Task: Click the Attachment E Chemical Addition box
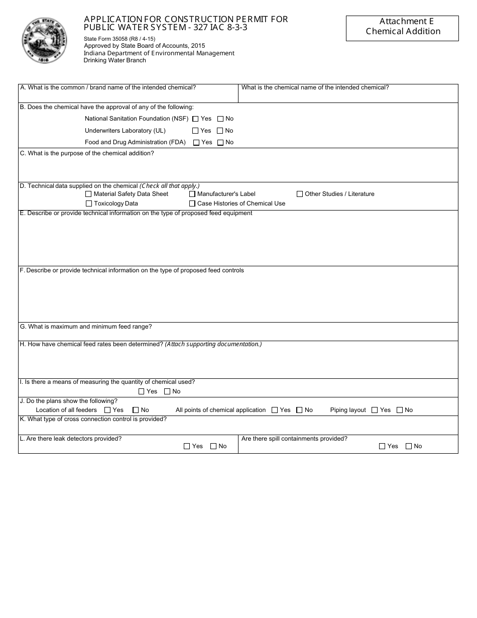[402, 28]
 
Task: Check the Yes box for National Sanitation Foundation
[196, 119]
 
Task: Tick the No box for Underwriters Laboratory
[220, 131]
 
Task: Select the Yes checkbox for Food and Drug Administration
[196, 143]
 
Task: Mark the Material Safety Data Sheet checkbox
[89, 194]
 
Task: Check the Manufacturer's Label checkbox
[192, 194]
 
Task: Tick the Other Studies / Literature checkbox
[300, 194]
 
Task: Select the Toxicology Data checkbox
[89, 204]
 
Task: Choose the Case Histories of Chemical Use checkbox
[192, 204]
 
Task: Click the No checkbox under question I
[168, 391]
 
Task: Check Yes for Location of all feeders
[107, 410]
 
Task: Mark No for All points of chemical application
[299, 410]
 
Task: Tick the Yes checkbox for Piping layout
[375, 410]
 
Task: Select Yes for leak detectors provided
[187, 446]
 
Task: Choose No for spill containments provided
[409, 446]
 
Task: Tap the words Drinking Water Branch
[114, 60]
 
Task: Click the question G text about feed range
[85, 327]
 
